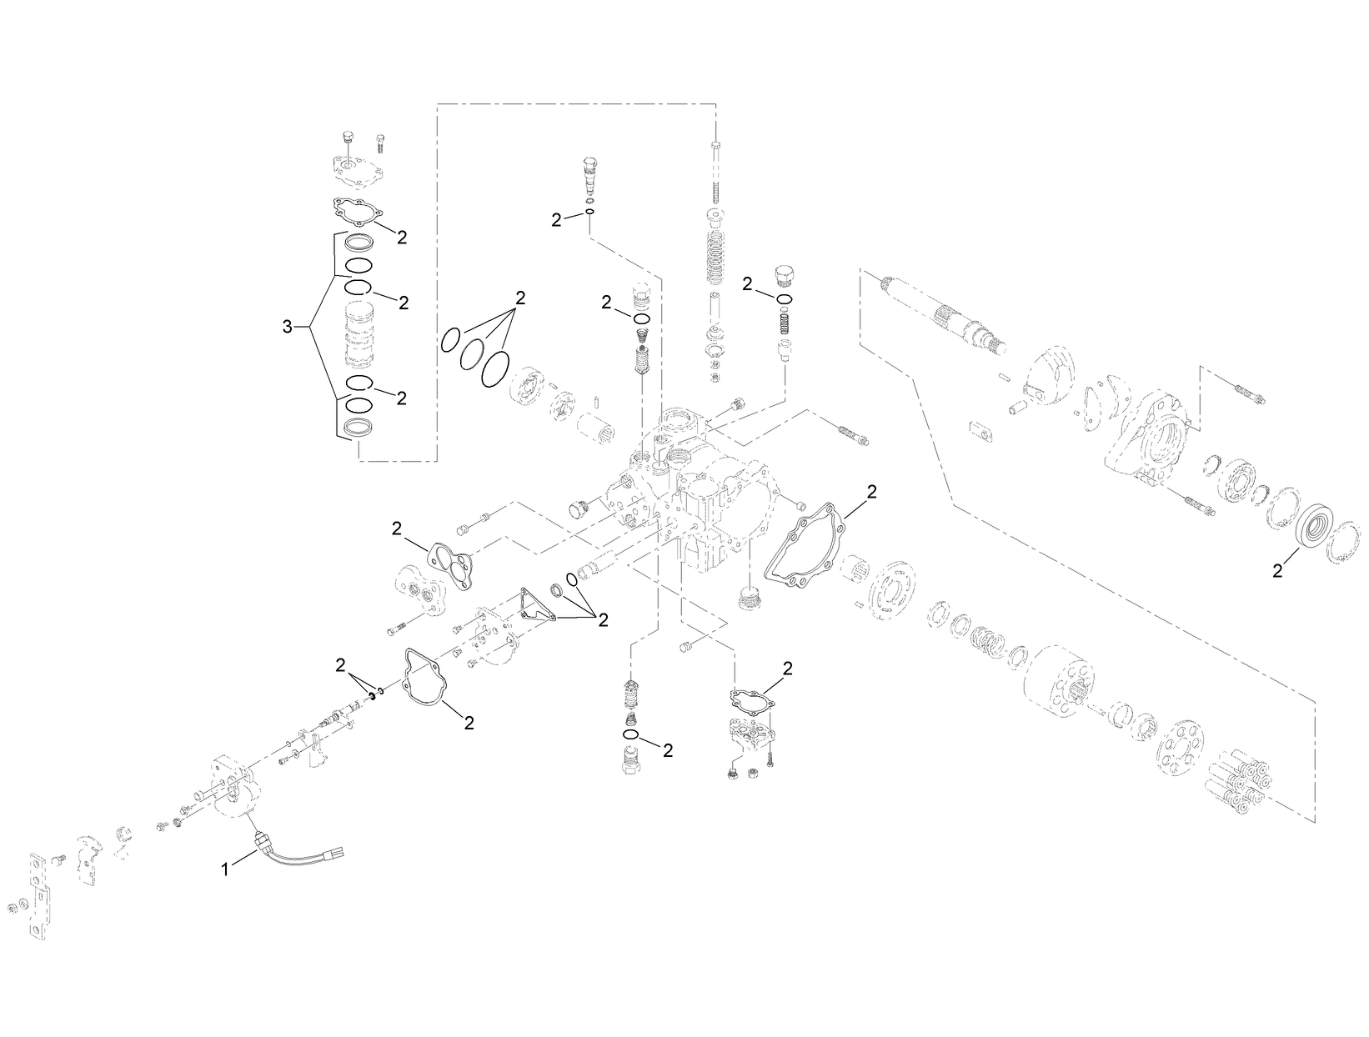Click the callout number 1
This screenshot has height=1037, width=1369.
tap(224, 869)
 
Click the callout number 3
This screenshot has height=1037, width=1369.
tap(288, 327)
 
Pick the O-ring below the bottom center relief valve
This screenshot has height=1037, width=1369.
tap(631, 735)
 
